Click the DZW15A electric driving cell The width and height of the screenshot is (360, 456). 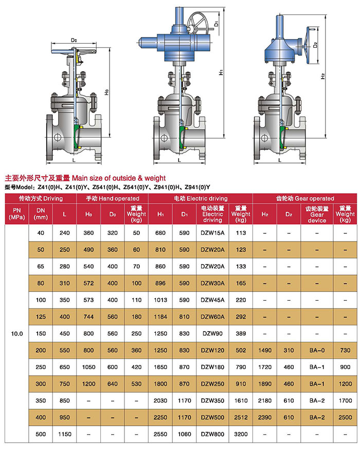tap(212, 233)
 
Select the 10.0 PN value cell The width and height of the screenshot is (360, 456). tap(17, 334)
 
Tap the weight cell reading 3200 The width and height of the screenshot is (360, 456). tap(241, 434)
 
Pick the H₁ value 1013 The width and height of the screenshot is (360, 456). tap(160, 300)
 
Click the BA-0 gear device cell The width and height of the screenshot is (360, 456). tap(317, 351)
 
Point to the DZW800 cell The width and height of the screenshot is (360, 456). tap(212, 434)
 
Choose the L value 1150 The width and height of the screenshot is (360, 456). tap(65, 434)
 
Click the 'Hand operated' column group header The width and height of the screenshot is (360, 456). tap(112, 198)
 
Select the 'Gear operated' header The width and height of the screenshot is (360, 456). tap(305, 198)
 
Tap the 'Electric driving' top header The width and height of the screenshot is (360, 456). tap(201, 198)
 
